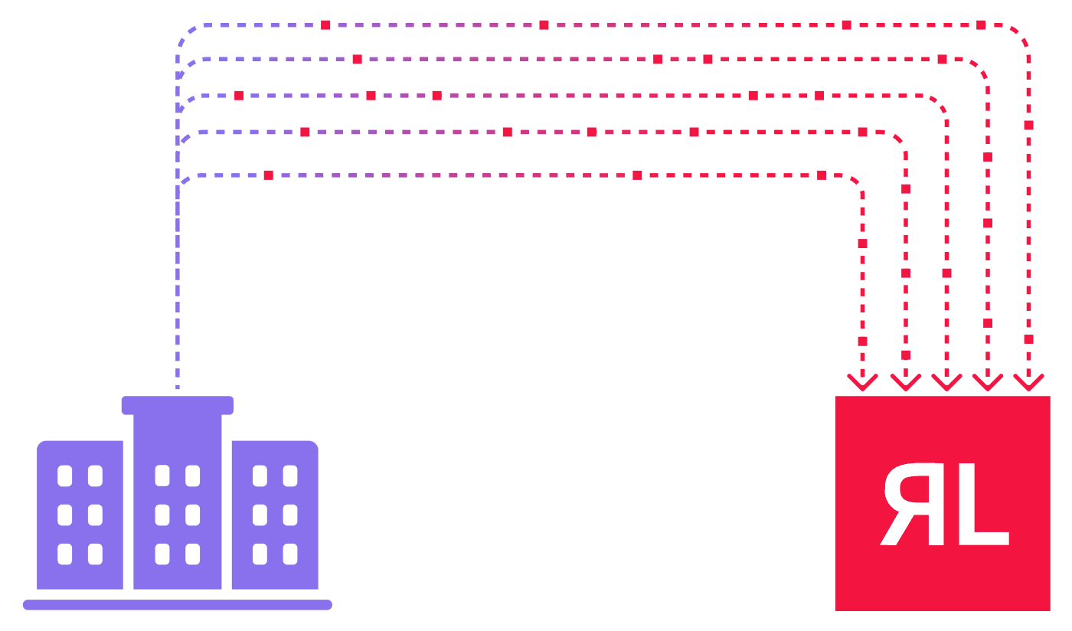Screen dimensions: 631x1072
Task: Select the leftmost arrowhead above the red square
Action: point(863,381)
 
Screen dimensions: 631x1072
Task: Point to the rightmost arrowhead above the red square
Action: point(1028,381)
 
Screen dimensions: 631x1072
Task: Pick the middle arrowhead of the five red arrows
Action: point(946,381)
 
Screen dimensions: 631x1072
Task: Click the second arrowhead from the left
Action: point(906,381)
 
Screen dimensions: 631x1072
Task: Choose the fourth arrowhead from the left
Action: point(988,381)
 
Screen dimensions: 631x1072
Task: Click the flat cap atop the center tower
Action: point(177,405)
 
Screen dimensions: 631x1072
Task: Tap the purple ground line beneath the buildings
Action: point(177,605)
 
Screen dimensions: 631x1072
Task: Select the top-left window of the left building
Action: point(65,476)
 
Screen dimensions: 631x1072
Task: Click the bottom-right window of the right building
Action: point(290,554)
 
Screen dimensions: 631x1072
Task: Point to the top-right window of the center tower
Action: point(193,476)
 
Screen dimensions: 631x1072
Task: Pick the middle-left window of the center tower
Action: point(162,515)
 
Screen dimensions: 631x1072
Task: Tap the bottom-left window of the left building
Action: point(65,554)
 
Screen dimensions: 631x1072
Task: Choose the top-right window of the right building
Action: point(290,476)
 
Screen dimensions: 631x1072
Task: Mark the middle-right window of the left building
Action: point(95,515)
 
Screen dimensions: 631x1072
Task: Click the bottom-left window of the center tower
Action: point(162,554)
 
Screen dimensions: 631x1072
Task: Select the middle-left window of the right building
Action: point(260,515)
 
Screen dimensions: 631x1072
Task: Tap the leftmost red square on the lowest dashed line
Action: point(268,175)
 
